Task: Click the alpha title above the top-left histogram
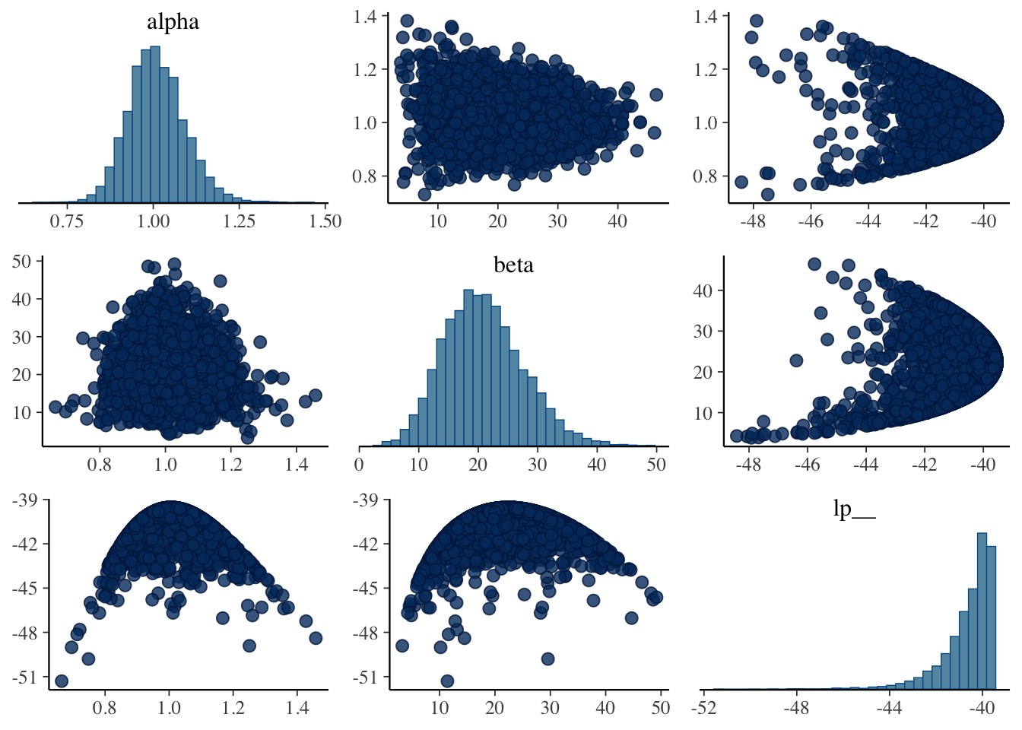pyautogui.click(x=173, y=22)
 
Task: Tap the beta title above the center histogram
pyautogui.click(x=513, y=265)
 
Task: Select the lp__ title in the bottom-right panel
pyautogui.click(x=854, y=509)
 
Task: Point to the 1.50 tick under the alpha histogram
pyautogui.click(x=325, y=221)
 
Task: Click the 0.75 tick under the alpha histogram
pyautogui.click(x=67, y=221)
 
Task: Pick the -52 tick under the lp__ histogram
pyautogui.click(x=704, y=708)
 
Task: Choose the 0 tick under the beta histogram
pyautogui.click(x=360, y=465)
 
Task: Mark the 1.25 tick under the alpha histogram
pyautogui.click(x=240, y=221)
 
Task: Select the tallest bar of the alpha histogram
pyautogui.click(x=155, y=122)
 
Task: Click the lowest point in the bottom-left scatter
pyautogui.click(x=62, y=681)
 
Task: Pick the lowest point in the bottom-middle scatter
pyautogui.click(x=447, y=681)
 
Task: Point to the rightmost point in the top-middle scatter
pyautogui.click(x=655, y=95)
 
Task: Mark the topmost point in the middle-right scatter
pyautogui.click(x=814, y=265)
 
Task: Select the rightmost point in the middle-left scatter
pyautogui.click(x=315, y=395)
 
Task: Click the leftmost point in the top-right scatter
pyautogui.click(x=741, y=182)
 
